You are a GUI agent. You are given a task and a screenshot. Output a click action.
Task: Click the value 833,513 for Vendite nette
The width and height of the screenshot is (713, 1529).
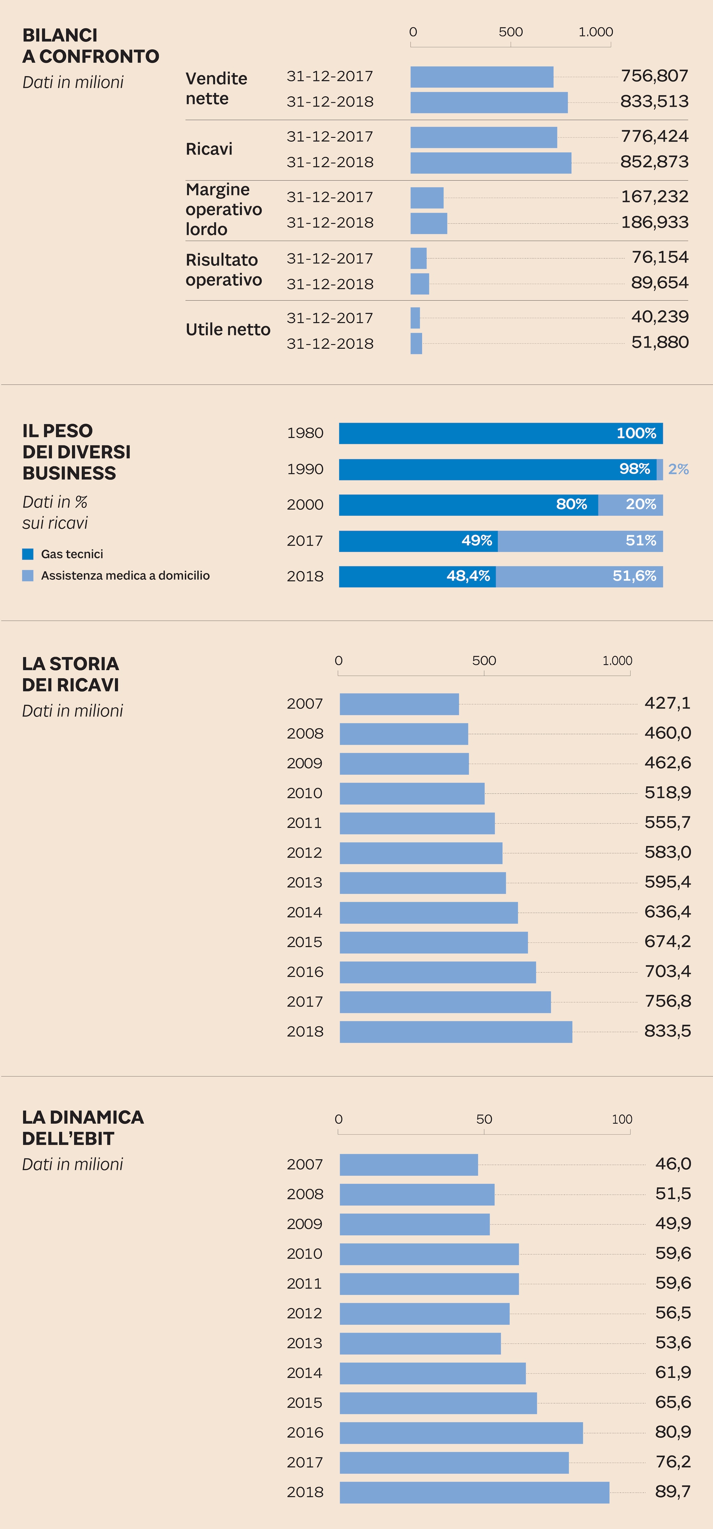(654, 102)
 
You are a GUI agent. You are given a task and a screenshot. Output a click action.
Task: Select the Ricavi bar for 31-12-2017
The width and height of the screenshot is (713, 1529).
(483, 137)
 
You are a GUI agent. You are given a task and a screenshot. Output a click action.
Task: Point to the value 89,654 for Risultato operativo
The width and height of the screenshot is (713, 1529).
(660, 283)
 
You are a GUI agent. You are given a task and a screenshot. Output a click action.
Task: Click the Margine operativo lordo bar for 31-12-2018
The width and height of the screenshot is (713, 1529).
(429, 223)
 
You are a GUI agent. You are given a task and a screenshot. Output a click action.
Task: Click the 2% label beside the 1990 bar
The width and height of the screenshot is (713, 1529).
(678, 469)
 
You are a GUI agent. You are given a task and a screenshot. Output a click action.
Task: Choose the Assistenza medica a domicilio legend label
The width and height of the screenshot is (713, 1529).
(125, 575)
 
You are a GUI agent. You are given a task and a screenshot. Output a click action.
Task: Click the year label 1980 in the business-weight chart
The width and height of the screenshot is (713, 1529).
(305, 433)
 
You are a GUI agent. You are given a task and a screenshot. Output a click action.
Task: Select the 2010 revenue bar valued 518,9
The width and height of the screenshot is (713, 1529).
(412, 793)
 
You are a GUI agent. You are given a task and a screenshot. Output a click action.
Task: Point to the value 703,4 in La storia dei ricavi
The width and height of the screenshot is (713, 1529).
(667, 971)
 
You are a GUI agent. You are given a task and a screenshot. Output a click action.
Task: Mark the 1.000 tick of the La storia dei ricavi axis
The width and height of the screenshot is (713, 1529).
(617, 660)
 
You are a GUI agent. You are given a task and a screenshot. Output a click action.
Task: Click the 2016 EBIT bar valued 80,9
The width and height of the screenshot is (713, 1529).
(461, 1432)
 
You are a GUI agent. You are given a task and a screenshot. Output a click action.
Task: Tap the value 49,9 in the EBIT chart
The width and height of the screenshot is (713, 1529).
(673, 1223)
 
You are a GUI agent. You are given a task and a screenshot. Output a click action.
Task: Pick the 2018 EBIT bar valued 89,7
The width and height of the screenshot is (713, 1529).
(474, 1492)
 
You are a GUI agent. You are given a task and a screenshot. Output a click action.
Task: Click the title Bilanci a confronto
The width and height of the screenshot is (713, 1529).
(90, 46)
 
